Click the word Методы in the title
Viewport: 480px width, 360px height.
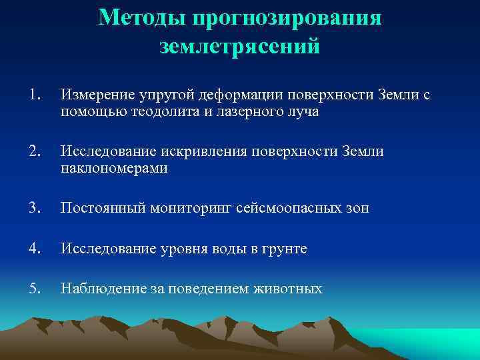(142, 18)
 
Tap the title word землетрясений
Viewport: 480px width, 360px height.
(240, 46)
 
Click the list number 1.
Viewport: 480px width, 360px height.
(35, 94)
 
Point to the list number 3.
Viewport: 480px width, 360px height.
(35, 207)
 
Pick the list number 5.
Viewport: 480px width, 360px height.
(35, 288)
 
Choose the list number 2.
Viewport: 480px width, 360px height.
(35, 151)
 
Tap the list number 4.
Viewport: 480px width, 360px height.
(35, 248)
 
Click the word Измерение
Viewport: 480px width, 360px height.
(97, 95)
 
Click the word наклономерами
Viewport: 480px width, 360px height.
(114, 168)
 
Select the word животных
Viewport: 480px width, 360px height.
(287, 289)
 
